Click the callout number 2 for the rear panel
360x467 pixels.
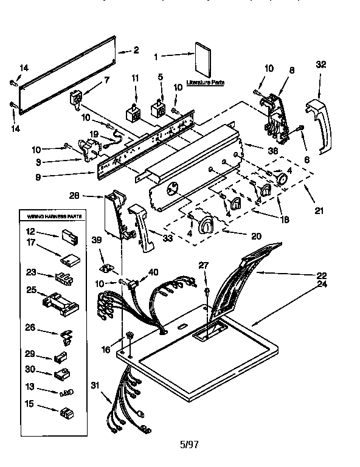(136, 50)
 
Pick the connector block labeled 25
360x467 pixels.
(59, 302)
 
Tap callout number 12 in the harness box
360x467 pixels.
(30, 230)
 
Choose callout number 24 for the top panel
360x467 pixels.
(323, 283)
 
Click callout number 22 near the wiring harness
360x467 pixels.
(323, 274)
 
